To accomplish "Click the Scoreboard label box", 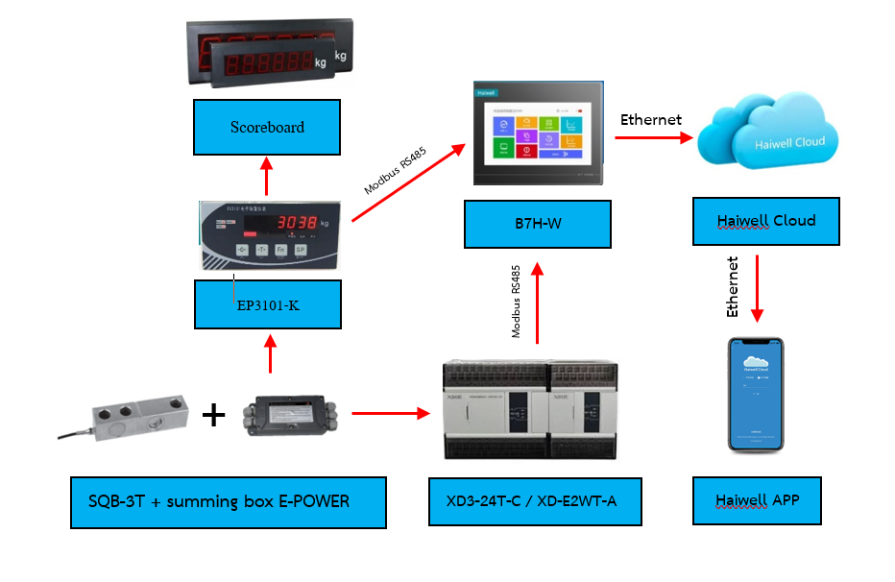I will point(267,128).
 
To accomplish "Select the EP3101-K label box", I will point(267,305).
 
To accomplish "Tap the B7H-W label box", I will point(537,224).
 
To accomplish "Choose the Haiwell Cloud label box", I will point(766,221).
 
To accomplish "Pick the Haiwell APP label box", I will point(757,500).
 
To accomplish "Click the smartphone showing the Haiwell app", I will point(757,395).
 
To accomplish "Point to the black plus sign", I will point(213,415).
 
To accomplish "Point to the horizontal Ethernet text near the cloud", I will point(650,120).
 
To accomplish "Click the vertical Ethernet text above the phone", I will point(733,286).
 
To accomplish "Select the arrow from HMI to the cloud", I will point(653,137).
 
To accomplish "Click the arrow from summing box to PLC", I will point(390,414).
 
